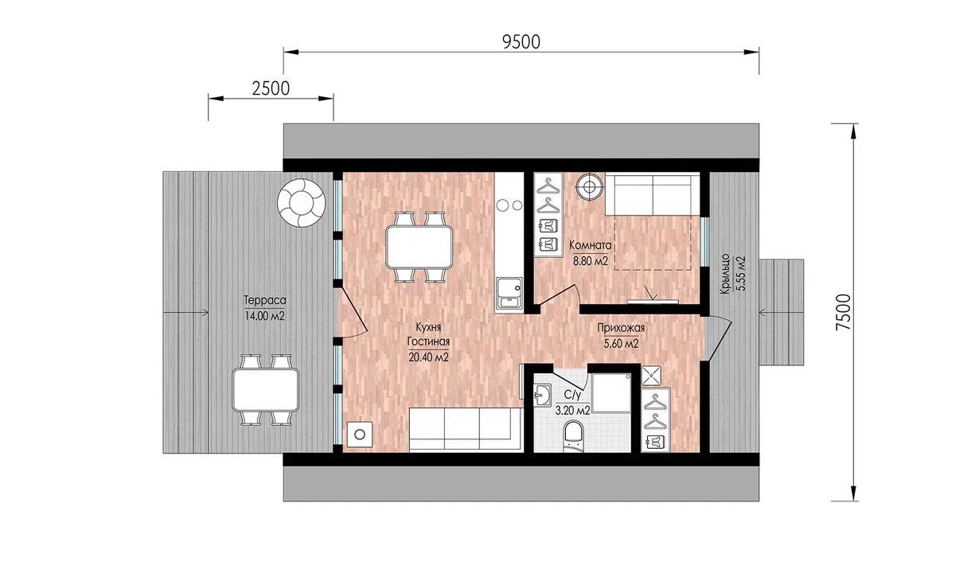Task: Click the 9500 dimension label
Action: point(521,42)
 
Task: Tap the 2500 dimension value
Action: point(271,88)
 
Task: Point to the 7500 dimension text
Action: point(844,312)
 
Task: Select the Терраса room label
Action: point(265,300)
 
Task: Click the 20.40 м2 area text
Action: point(428,357)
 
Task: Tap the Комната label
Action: point(590,245)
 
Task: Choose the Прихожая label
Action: point(621,327)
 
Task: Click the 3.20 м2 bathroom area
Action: point(572,410)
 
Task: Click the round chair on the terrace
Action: point(301,202)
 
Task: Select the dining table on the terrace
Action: point(265,390)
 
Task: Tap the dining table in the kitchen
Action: point(419,247)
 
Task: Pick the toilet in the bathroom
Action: point(573,436)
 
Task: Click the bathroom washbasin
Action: point(542,396)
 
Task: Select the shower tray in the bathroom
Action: point(611,393)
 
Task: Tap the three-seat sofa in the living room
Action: point(466,429)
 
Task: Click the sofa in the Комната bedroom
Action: point(652,194)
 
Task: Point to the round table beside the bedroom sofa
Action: point(590,187)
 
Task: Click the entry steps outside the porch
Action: point(781,313)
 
